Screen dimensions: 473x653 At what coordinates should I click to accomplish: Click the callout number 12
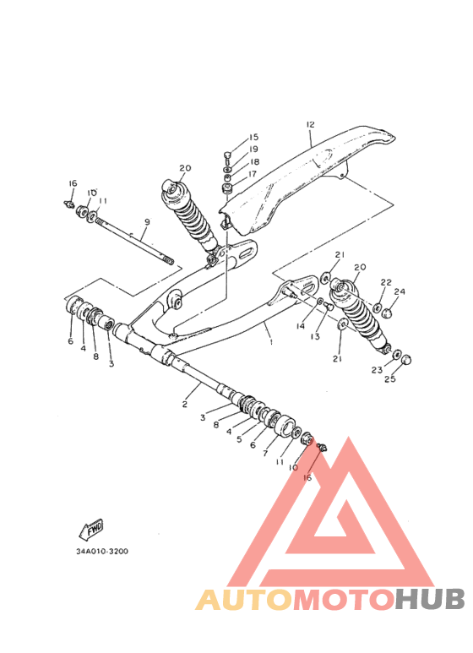click(310, 124)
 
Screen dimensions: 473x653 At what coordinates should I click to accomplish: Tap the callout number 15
click(253, 137)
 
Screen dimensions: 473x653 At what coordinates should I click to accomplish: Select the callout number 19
click(253, 149)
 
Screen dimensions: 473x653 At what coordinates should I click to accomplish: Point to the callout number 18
click(254, 161)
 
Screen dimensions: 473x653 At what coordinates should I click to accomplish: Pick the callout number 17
click(253, 174)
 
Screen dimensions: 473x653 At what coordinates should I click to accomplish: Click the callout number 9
click(147, 222)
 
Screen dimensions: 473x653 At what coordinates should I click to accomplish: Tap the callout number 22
click(386, 282)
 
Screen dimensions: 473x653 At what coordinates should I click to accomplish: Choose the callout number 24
click(400, 291)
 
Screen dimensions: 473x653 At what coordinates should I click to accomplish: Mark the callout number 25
click(390, 379)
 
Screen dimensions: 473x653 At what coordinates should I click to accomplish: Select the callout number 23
click(377, 370)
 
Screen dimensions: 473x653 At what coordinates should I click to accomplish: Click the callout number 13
click(315, 336)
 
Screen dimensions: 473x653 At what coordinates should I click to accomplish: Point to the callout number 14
click(301, 326)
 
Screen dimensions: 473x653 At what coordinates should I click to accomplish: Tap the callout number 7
click(265, 454)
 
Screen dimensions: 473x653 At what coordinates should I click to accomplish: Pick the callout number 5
click(239, 439)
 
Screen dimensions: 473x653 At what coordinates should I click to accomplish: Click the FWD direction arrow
click(91, 529)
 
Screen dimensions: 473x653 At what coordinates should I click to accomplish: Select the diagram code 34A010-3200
click(102, 552)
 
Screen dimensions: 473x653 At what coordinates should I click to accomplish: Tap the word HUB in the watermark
click(430, 599)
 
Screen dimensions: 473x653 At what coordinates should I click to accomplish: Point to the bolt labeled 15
click(227, 157)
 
